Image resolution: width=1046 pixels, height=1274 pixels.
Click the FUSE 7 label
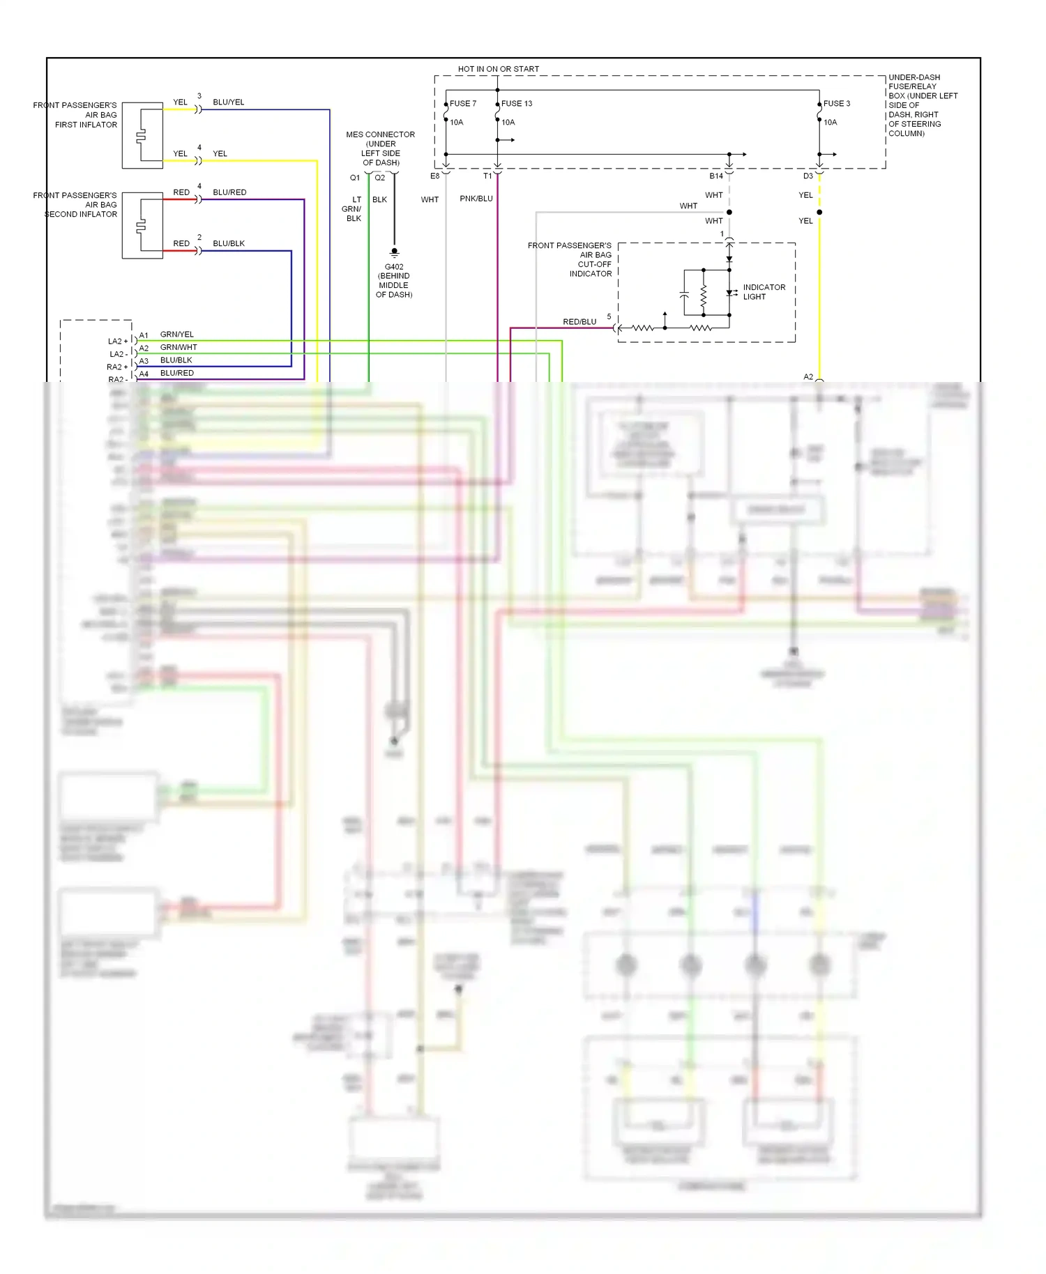click(x=463, y=104)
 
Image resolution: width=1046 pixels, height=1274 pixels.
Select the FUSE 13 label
click(x=517, y=104)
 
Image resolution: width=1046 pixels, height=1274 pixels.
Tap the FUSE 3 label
click(x=837, y=104)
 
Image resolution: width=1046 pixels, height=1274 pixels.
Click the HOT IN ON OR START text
click(x=498, y=69)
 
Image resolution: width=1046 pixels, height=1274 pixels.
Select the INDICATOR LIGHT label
click(x=764, y=292)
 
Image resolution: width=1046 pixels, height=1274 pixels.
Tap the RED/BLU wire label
click(x=579, y=322)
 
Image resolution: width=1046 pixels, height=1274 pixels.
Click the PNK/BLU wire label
click(x=476, y=199)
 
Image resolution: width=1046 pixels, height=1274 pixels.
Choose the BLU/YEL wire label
click(x=229, y=102)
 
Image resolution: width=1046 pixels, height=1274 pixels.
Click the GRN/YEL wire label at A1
click(x=177, y=335)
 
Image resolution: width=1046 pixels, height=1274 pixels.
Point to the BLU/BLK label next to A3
click(x=176, y=360)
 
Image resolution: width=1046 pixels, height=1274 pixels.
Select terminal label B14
click(x=716, y=176)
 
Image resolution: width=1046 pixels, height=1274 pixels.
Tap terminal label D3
click(x=808, y=176)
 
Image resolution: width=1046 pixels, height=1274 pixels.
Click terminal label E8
click(x=434, y=176)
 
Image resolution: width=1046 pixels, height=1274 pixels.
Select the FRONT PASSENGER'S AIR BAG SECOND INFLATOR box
click(x=142, y=226)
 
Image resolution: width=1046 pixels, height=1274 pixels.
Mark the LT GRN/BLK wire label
click(x=352, y=209)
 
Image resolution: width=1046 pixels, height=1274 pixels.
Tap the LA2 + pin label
click(x=118, y=341)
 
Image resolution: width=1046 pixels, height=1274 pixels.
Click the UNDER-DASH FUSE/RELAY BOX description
click(x=923, y=105)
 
